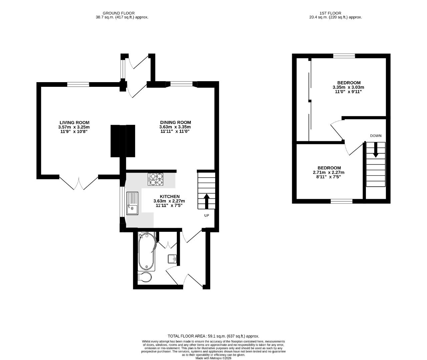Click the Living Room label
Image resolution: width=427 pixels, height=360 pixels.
[x=74, y=123]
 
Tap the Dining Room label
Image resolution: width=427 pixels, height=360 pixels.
[x=175, y=122]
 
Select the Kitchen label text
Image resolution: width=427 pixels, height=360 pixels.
[x=169, y=196]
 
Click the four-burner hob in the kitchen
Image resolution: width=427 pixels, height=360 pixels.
[x=156, y=179]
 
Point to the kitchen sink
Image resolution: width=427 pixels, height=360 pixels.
[x=132, y=203]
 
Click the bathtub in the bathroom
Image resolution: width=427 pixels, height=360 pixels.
[x=146, y=252]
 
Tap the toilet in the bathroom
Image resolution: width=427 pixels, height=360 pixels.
[x=144, y=278]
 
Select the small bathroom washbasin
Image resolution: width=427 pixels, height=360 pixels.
[x=172, y=259]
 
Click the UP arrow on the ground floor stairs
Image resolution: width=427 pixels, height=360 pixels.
[x=206, y=201]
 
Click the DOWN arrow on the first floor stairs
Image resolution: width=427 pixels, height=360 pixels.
[x=376, y=150]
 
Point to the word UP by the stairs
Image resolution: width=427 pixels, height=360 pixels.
[x=206, y=215]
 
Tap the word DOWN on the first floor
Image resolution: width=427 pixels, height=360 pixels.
[x=376, y=136]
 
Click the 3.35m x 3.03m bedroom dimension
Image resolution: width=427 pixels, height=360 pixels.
[x=349, y=87]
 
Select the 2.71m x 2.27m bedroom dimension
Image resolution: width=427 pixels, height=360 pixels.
[x=329, y=172]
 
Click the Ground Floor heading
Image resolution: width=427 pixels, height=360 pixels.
[x=119, y=13]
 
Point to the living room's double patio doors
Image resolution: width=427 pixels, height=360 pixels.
[x=79, y=182]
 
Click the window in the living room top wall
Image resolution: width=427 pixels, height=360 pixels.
[x=78, y=84]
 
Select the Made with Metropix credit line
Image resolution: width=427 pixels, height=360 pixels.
[x=213, y=358]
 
